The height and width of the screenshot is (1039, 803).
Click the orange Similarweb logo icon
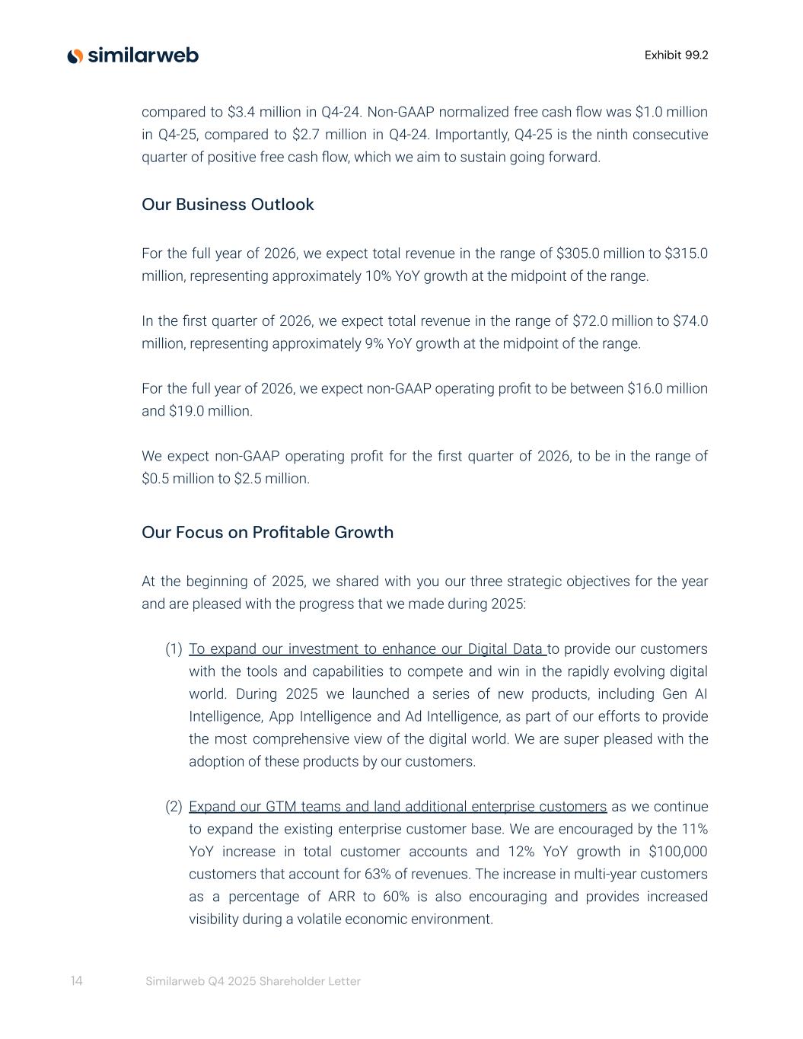pyautogui.click(x=75, y=56)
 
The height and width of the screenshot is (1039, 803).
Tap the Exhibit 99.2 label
pyautogui.click(x=676, y=55)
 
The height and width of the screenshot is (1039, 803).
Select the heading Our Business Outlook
pyautogui.click(x=228, y=205)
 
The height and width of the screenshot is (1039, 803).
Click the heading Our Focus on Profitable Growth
pyautogui.click(x=267, y=532)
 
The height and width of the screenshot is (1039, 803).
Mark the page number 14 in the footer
pyautogui.click(x=76, y=981)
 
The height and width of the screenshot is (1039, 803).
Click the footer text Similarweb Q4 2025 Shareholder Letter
pyautogui.click(x=253, y=982)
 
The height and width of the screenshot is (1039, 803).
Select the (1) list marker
pyautogui.click(x=174, y=649)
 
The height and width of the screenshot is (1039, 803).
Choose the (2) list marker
pyautogui.click(x=174, y=807)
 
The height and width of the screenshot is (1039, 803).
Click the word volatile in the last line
pyautogui.click(x=314, y=919)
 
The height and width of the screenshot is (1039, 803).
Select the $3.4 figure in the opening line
pyautogui.click(x=241, y=113)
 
